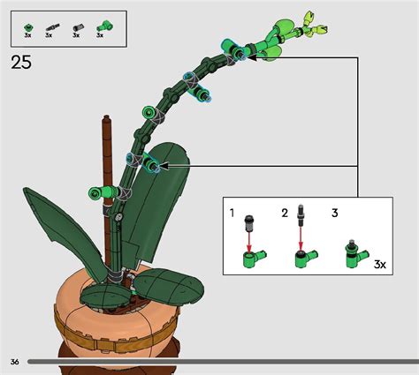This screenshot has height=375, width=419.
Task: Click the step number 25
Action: click(x=22, y=62)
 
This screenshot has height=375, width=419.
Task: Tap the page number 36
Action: click(x=15, y=362)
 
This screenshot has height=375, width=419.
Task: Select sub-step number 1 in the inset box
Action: click(x=232, y=213)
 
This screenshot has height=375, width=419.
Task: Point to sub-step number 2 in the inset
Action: click(x=285, y=213)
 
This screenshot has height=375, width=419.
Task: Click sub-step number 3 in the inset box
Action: click(x=335, y=213)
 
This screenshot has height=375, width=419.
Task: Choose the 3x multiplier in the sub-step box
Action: click(x=380, y=264)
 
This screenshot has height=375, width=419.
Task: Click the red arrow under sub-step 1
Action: click(x=250, y=239)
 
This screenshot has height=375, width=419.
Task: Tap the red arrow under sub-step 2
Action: click(x=303, y=239)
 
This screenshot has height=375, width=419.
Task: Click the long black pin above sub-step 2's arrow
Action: click(x=302, y=218)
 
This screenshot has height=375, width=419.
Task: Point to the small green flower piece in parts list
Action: click(x=28, y=25)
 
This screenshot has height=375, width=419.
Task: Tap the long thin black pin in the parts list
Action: click(x=52, y=26)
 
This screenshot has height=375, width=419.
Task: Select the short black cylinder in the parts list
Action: click(x=76, y=26)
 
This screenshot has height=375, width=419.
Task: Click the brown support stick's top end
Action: click(x=106, y=120)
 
